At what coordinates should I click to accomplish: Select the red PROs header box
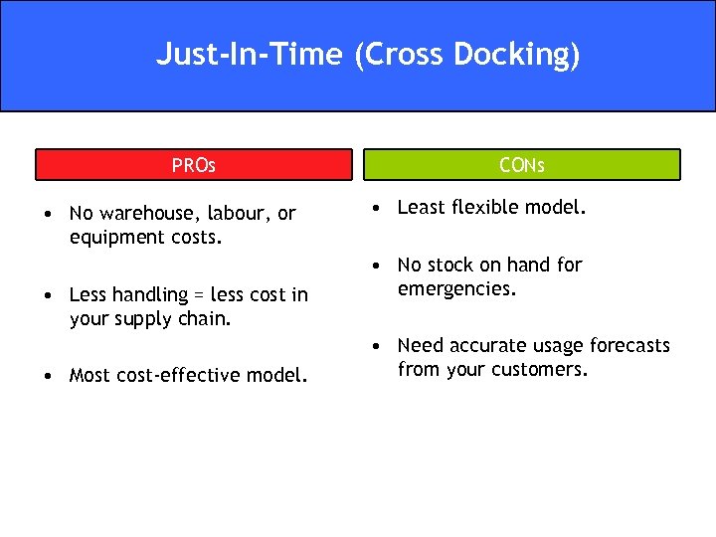coord(194,165)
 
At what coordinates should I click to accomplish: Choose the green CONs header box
coord(522,165)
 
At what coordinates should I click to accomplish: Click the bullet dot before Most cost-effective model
coord(48,376)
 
